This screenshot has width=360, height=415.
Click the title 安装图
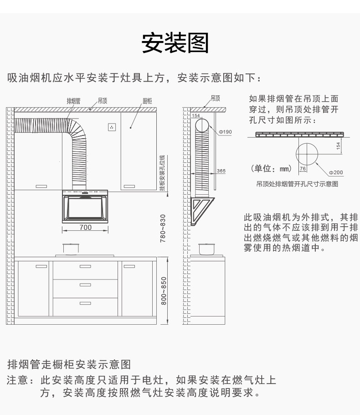pyautogui.click(x=175, y=44)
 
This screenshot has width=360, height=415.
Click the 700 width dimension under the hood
pyautogui.click(x=85, y=227)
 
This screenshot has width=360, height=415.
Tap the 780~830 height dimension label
pyautogui.click(x=163, y=228)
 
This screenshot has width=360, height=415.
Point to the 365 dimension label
pyautogui.click(x=221, y=171)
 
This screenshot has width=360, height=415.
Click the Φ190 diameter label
pyautogui.click(x=225, y=132)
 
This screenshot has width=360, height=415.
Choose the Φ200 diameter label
pyautogui.click(x=336, y=172)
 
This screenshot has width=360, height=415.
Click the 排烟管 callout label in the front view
pyautogui.click(x=73, y=101)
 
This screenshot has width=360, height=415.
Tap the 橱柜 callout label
pyautogui.click(x=147, y=101)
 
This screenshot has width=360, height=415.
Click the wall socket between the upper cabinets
pyautogui.click(x=112, y=127)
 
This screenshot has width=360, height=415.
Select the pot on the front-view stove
pyautogui.click(x=70, y=249)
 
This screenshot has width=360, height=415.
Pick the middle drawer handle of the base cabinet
pyautogui.click(x=85, y=285)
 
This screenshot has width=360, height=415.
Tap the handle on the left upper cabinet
pyautogui.click(x=41, y=186)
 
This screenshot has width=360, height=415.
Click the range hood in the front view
pyautogui.click(x=85, y=207)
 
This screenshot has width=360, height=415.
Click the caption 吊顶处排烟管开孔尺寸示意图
pyautogui.click(x=297, y=184)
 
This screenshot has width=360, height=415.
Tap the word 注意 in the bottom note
pyautogui.click(x=18, y=380)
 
